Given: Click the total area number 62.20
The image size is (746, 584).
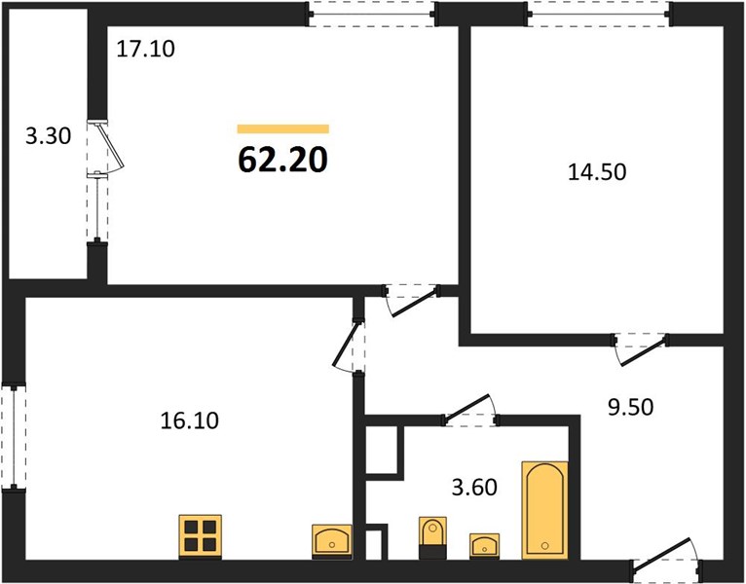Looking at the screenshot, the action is point(282,159).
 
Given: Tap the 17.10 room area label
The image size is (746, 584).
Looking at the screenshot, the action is point(145,49).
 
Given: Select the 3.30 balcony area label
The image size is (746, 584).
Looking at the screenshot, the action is point(48,136).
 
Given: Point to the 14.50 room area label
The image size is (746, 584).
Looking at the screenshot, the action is point(597,171).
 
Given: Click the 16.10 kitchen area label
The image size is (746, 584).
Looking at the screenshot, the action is point(189,420).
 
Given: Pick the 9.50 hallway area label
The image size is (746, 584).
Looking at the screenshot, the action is point(631,407).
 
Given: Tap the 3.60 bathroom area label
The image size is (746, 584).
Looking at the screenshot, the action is point(474,487).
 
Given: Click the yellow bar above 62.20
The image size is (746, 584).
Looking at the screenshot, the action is point(283,128).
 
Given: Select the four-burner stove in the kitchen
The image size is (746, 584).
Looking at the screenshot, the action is point(201,536).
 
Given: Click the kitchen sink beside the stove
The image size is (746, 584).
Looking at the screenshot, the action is point(332,541).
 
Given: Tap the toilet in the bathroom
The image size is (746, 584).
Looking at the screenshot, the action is point(433,537).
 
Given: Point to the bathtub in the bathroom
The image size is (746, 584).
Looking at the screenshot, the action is point(545,510).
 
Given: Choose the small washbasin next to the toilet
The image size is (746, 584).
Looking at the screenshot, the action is point(484,545).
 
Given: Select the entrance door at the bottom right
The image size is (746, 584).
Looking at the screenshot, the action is point(666,558).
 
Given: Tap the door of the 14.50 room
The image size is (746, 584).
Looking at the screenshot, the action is point(641,350).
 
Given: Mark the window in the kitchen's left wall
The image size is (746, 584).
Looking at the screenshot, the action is point(14,436).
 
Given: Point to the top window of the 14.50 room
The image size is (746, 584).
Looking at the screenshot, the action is point(600,15).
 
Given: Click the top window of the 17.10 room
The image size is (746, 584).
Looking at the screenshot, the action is point(372,15).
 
